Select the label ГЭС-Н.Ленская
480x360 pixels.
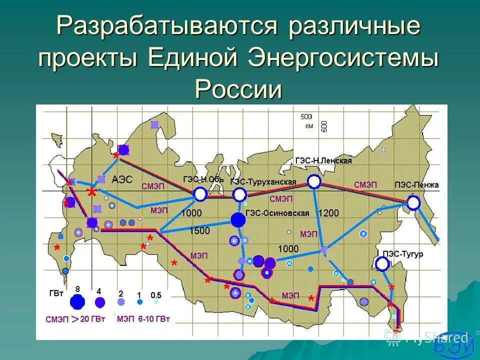(323, 161)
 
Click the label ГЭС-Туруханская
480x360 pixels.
(263, 182)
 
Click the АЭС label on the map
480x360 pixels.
(122, 180)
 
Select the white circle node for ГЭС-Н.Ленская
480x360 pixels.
(313, 181)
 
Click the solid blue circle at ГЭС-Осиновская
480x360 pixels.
(238, 219)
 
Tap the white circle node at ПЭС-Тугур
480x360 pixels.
(383, 264)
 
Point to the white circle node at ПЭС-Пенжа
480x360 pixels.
(413, 202)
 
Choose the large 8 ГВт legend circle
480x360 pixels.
(77, 301)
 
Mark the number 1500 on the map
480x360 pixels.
(199, 231)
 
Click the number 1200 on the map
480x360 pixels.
(328, 213)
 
